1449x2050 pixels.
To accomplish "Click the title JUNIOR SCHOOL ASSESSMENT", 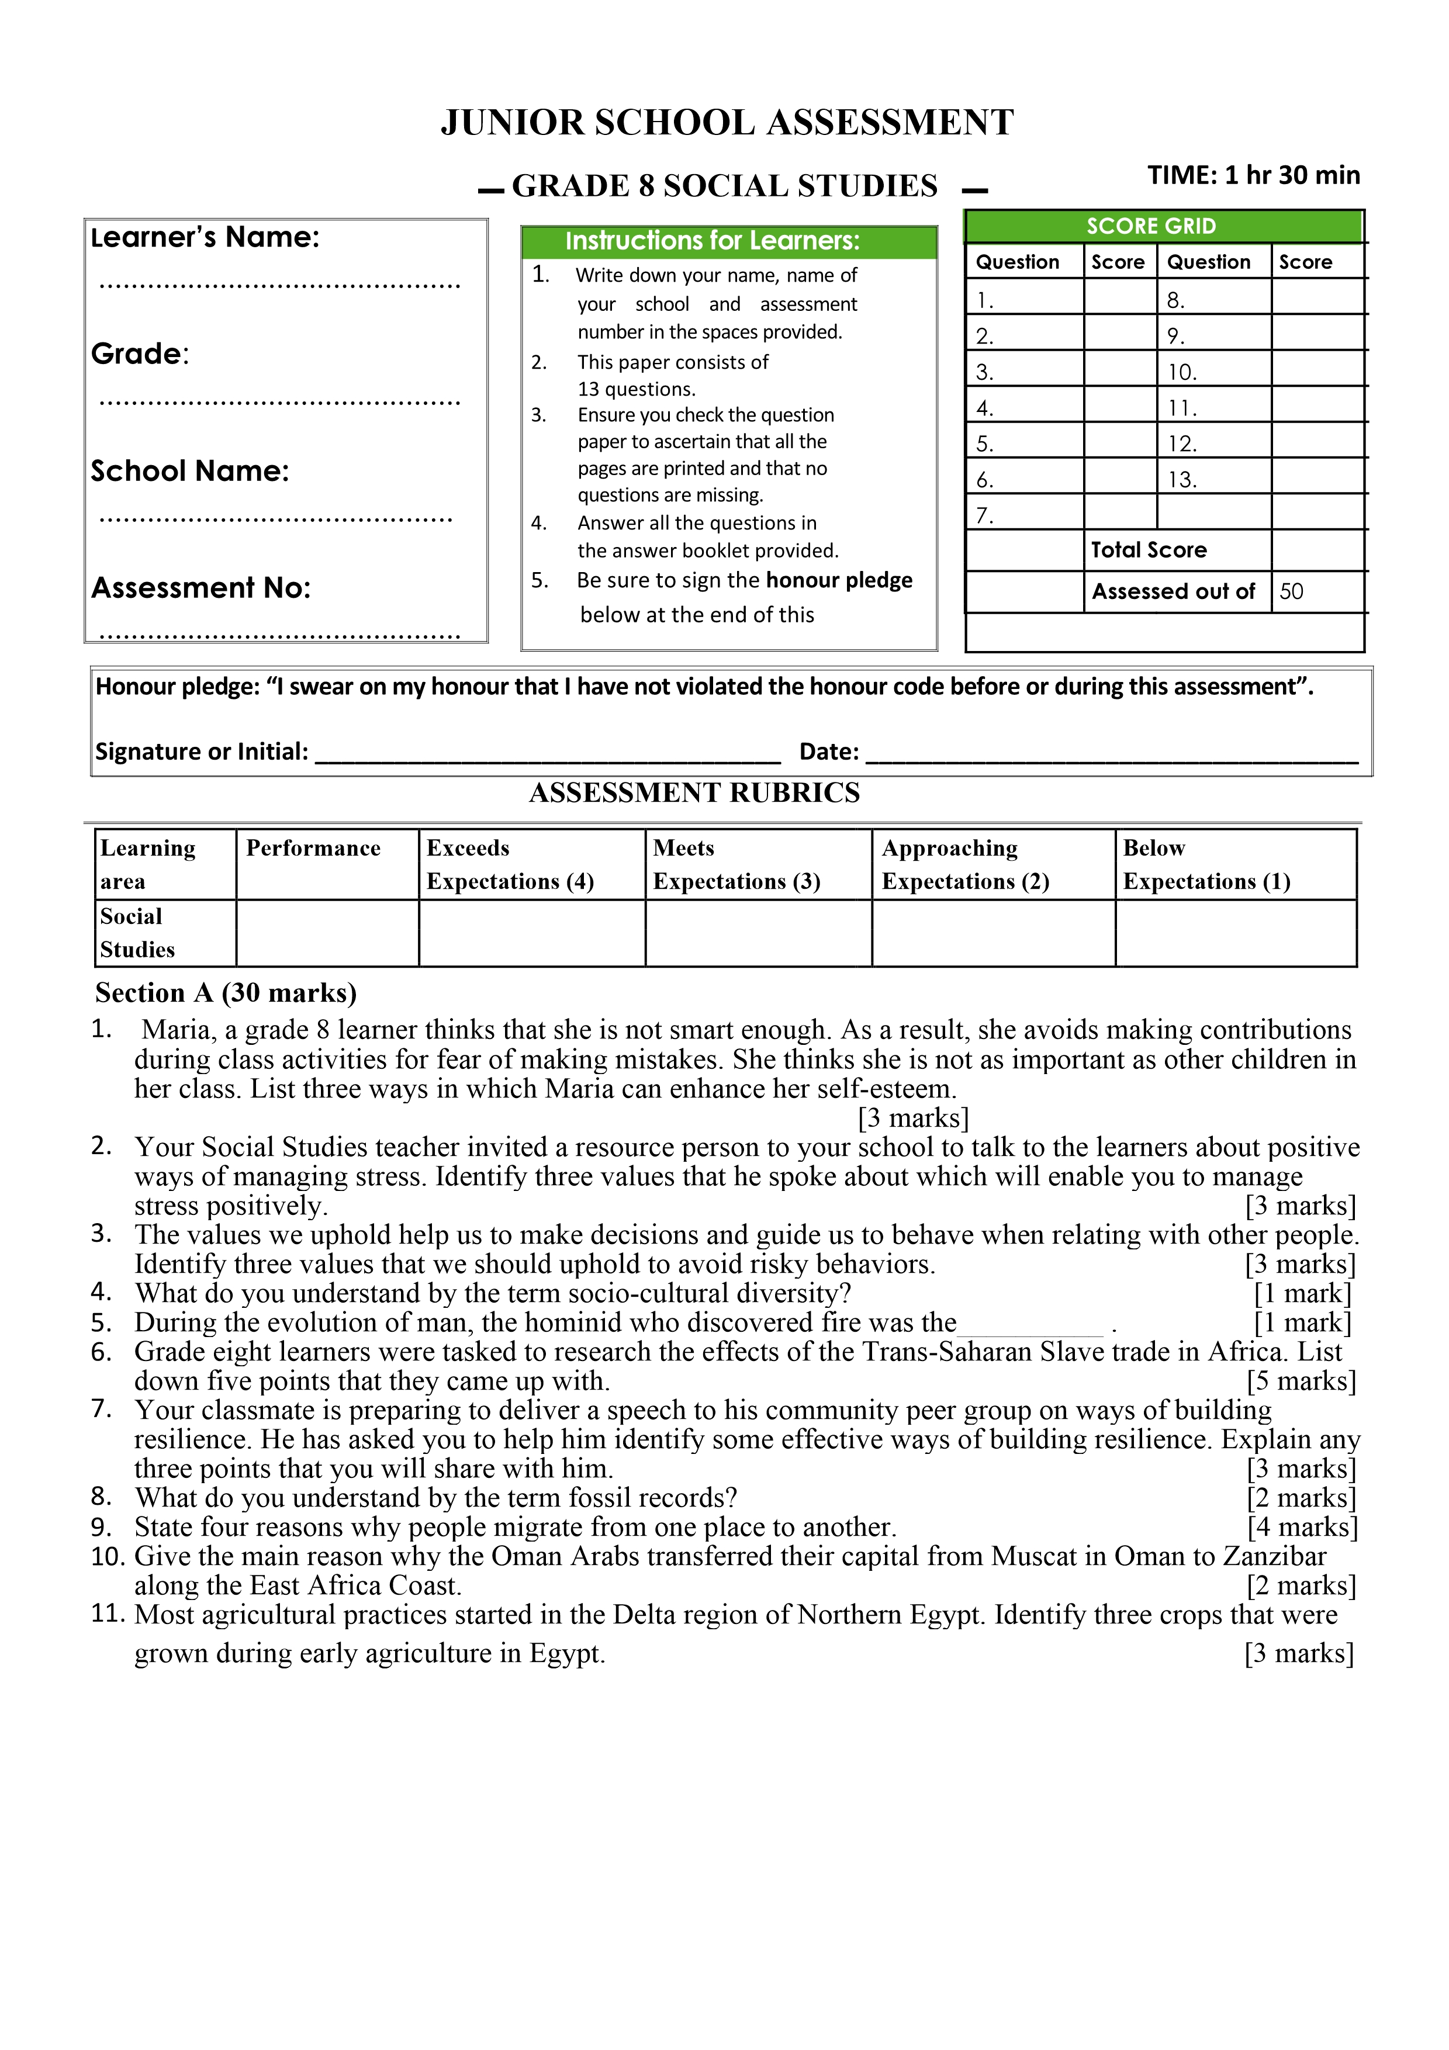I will click(x=727, y=122).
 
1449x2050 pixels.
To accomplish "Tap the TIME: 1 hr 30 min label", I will click(x=1253, y=175).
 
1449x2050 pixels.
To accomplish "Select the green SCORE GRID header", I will click(x=1151, y=226).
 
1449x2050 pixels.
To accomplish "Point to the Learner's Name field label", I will click(x=205, y=237).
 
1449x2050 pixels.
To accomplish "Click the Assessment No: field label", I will click(x=201, y=587).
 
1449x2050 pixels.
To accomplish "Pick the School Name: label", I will click(x=190, y=470).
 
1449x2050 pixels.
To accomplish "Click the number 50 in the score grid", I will click(x=1291, y=591).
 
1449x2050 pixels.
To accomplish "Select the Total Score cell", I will click(x=1149, y=550).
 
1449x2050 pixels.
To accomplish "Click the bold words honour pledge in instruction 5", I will click(x=838, y=580).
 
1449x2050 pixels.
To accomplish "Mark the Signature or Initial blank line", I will click(x=548, y=756).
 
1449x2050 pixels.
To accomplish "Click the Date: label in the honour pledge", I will click(x=828, y=752).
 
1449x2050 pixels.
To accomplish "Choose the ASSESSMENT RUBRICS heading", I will click(x=694, y=793).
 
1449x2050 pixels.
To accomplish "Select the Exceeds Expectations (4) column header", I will click(x=510, y=864).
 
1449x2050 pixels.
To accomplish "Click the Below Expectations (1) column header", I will click(x=1206, y=864).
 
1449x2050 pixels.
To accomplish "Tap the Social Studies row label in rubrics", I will click(x=137, y=933).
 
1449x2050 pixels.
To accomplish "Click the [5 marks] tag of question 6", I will click(x=1301, y=1381).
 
